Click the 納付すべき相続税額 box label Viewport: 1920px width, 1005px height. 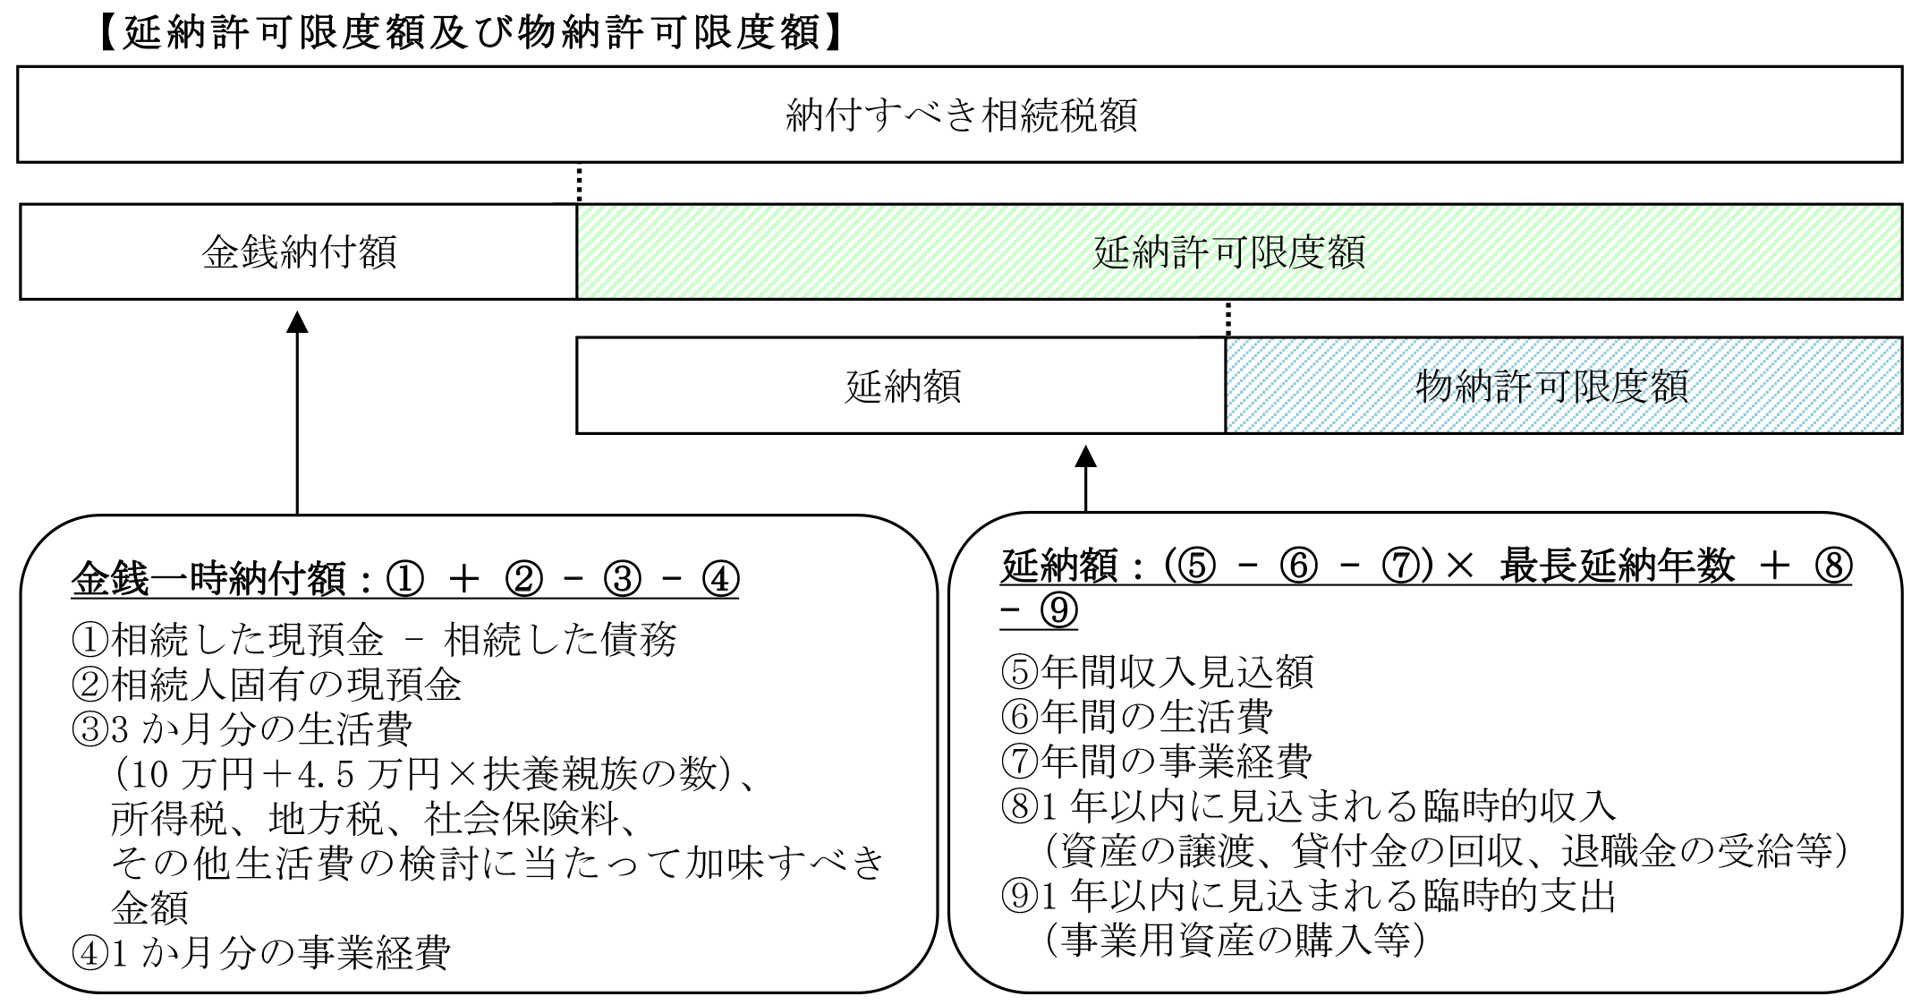coord(961,115)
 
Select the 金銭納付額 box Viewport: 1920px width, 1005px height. coord(298,251)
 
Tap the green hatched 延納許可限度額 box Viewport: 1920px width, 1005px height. coord(1239,251)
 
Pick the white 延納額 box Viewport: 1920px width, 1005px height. coord(901,386)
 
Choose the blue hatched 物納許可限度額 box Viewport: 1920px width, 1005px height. coord(1564,386)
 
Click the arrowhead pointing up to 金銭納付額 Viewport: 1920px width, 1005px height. coord(297,321)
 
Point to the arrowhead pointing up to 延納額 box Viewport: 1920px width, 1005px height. coord(1085,456)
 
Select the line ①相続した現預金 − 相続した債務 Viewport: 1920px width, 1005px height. coord(374,639)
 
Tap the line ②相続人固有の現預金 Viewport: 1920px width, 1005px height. coord(267,685)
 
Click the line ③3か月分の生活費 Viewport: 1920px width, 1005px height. coord(242,729)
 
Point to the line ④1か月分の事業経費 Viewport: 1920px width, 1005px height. coord(260,952)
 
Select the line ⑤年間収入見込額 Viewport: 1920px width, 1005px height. coord(1157,671)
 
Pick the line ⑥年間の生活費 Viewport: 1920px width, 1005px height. coord(1136,716)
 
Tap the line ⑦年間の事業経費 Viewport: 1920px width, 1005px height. coord(1157,761)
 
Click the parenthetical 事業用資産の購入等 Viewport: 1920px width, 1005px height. coord(1234,940)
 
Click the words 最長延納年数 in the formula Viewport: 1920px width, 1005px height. coord(1617,567)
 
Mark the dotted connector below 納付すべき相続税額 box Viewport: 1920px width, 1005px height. coord(579,183)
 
